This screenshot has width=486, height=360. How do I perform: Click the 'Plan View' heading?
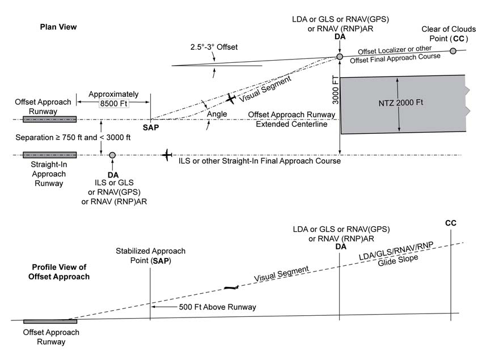pyautogui.click(x=58, y=27)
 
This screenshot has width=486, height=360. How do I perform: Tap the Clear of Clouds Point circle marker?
pyautogui.click(x=453, y=51)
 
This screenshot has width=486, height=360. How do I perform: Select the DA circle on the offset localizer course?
pyautogui.click(x=339, y=57)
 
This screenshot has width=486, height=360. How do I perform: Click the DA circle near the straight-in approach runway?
pyautogui.click(x=112, y=155)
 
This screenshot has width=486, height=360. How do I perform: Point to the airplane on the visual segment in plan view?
pyautogui.click(x=230, y=99)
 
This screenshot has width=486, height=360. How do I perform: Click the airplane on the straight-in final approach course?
pyautogui.click(x=166, y=155)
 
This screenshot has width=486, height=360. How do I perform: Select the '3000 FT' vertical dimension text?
pyautogui.click(x=335, y=91)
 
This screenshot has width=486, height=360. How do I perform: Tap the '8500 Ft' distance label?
pyautogui.click(x=113, y=103)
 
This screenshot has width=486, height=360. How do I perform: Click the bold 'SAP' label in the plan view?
pyautogui.click(x=151, y=128)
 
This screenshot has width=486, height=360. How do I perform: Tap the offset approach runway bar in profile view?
pyautogui.click(x=50, y=321)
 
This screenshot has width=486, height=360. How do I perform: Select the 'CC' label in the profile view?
pyautogui.click(x=451, y=223)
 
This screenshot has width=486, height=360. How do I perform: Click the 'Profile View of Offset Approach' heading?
pyautogui.click(x=59, y=272)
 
